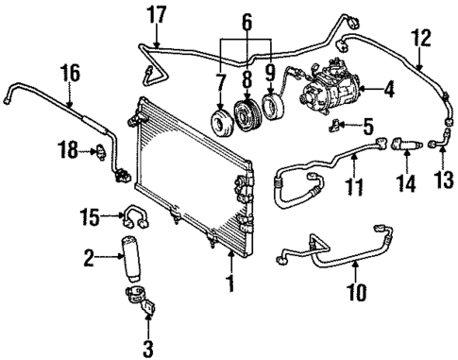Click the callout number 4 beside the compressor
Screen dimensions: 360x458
[390, 91]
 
